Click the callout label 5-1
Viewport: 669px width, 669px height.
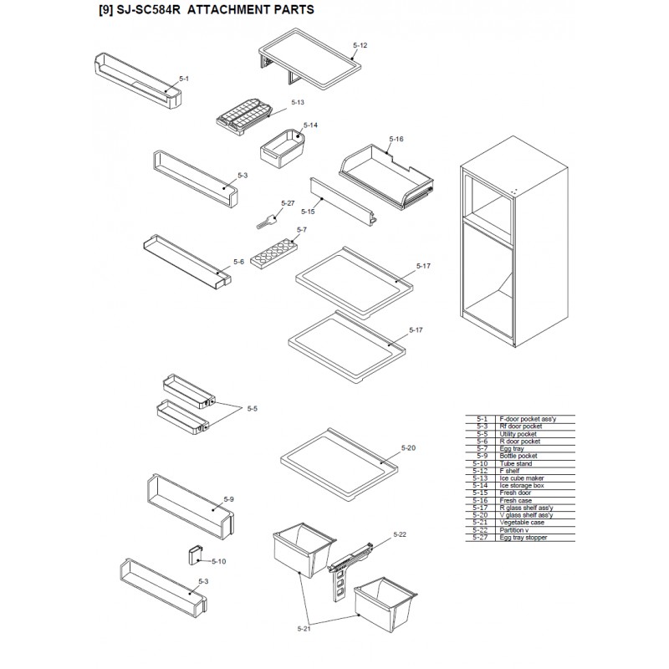tap(184, 79)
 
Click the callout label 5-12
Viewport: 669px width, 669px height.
tap(360, 43)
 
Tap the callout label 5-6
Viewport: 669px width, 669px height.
tap(238, 262)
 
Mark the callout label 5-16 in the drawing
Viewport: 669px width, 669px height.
tap(396, 139)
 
